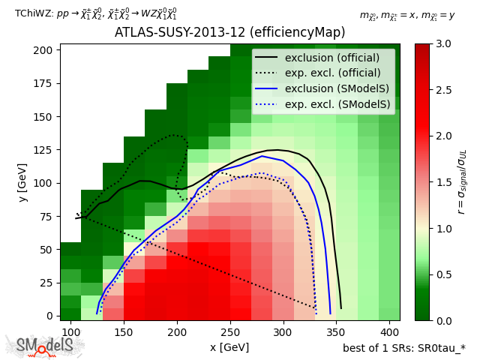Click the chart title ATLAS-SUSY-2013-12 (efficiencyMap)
pyautogui.click(x=229, y=33)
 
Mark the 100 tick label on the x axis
pyautogui.click(x=71, y=331)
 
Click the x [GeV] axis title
pyautogui.click(x=229, y=347)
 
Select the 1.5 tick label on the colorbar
pyautogui.click(x=442, y=182)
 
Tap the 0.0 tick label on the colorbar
pyautogui.click(x=442, y=320)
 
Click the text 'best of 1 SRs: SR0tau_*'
pyautogui.click(x=403, y=348)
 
